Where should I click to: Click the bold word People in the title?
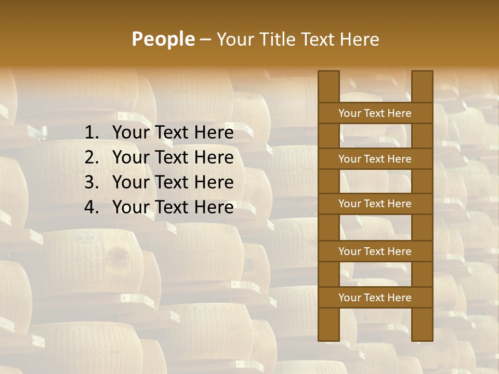(163, 39)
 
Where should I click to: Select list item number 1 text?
(173, 133)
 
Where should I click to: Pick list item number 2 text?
(173, 157)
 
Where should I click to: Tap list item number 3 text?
(173, 182)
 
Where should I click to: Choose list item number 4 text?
(173, 207)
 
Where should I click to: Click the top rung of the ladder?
(375, 113)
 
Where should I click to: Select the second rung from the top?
(375, 159)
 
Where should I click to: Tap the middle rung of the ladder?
(375, 204)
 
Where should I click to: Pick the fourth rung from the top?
(375, 251)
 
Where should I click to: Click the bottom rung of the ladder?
(375, 298)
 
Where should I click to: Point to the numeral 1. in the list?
(91, 133)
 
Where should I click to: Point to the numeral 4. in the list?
(91, 207)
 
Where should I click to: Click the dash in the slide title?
(205, 40)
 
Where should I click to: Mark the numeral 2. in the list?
(91, 157)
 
